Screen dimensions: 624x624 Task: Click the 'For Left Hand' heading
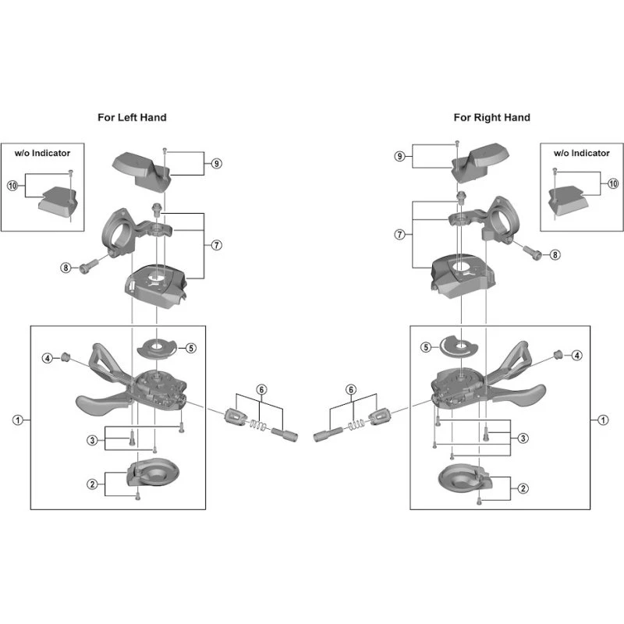[x=132, y=118]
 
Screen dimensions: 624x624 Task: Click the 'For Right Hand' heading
[x=492, y=118]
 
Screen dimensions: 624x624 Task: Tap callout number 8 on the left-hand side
[x=66, y=268]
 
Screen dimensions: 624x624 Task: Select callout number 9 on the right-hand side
[x=400, y=157]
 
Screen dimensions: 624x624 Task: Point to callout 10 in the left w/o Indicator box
[x=12, y=186]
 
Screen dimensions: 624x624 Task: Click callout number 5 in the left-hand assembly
[x=191, y=348]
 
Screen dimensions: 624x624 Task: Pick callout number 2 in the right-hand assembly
[x=523, y=488]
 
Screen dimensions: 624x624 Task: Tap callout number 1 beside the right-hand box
[x=603, y=420]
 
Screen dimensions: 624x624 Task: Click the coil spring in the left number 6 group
[x=258, y=425]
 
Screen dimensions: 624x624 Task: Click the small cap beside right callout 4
[x=558, y=354]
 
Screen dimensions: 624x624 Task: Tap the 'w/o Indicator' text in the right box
[x=581, y=153]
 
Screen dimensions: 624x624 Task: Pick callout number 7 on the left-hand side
[x=217, y=245]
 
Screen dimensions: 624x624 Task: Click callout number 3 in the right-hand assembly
[x=523, y=438]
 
